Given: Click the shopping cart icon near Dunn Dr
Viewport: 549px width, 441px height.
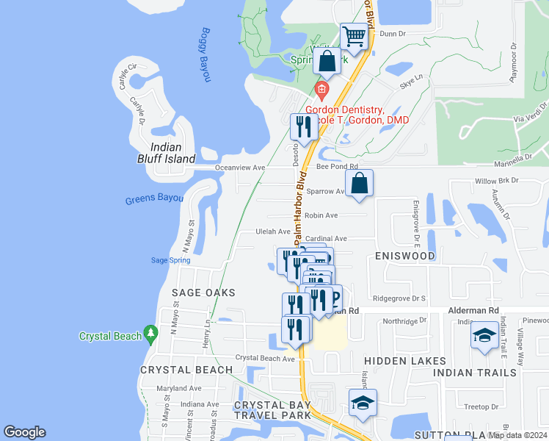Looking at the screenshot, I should [355, 36].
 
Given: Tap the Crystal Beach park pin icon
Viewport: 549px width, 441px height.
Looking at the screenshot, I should [150, 334].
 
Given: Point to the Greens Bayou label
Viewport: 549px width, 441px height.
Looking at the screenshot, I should [153, 198].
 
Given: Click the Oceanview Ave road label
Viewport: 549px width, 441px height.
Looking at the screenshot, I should [239, 168].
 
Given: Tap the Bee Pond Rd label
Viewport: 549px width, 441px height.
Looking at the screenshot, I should [337, 167].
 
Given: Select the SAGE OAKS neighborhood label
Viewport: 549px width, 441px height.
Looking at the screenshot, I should [203, 293].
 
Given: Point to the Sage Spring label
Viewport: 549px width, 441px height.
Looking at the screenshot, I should [170, 260].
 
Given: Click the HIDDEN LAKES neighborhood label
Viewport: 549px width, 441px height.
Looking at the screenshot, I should [405, 361].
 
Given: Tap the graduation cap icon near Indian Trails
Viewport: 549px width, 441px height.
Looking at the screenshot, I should [484, 336].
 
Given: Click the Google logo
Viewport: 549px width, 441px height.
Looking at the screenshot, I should [24, 432].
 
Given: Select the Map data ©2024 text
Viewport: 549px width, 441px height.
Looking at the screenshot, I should [517, 435].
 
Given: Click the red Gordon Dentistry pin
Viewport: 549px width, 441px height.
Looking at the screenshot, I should [321, 90].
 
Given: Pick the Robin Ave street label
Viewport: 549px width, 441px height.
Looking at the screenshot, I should [321, 215].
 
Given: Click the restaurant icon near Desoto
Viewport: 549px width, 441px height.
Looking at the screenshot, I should [303, 126].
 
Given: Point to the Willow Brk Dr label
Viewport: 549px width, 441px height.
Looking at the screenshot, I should [496, 180].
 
